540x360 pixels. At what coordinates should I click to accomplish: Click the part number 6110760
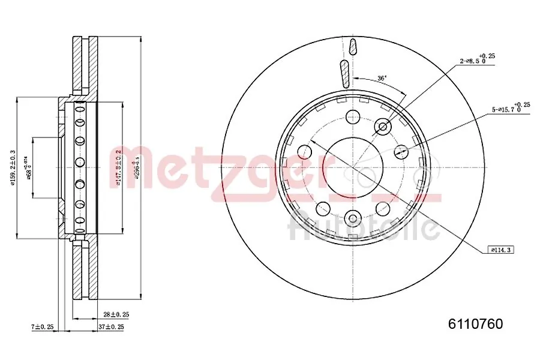[476, 325]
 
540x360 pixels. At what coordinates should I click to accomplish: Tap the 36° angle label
[382, 78]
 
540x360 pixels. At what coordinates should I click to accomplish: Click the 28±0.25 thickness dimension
[116, 314]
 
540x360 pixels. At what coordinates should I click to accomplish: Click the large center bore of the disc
[353, 166]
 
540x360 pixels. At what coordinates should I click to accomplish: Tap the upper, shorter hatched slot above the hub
[352, 47]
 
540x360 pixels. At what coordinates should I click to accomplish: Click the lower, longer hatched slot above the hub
[344, 73]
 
